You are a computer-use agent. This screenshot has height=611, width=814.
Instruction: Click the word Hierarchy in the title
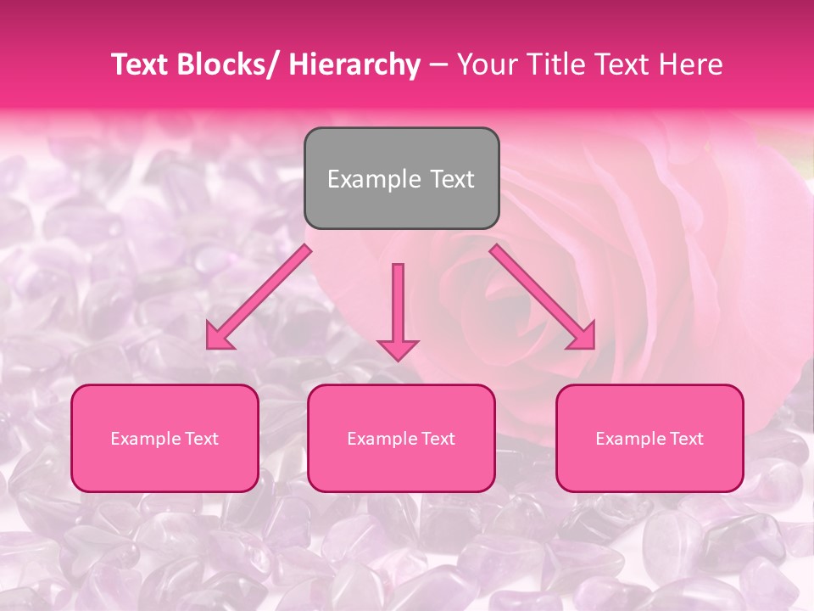[x=354, y=65]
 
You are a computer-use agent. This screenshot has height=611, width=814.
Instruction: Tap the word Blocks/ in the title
[x=227, y=65]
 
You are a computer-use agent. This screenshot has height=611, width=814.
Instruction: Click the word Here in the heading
[x=693, y=65]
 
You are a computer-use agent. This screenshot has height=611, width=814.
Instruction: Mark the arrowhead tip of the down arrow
[x=398, y=361]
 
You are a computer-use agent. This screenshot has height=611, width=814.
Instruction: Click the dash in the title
[x=438, y=65]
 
